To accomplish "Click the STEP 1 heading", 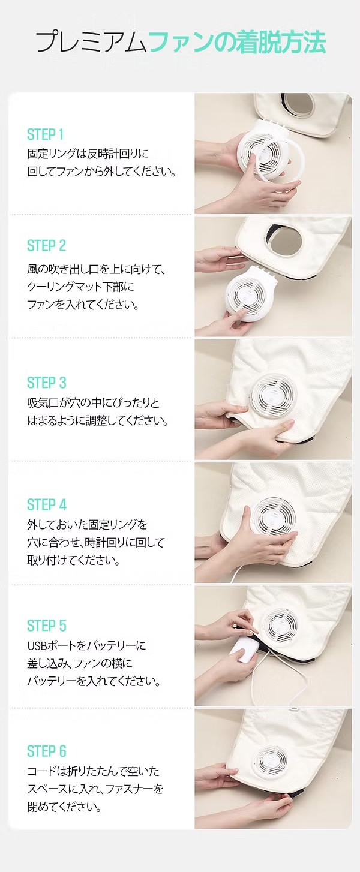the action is (45, 134).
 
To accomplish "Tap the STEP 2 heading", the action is (46, 246).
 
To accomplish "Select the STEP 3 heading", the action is (46, 382).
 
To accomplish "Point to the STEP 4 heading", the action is (46, 504).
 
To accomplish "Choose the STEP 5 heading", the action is (46, 625).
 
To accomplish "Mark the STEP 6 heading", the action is (46, 751).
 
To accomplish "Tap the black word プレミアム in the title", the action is (92, 42).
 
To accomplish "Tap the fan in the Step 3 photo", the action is (272, 395).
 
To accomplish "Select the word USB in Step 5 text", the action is (36, 646).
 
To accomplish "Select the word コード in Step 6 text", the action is (40, 771).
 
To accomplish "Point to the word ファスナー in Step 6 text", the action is (129, 789).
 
